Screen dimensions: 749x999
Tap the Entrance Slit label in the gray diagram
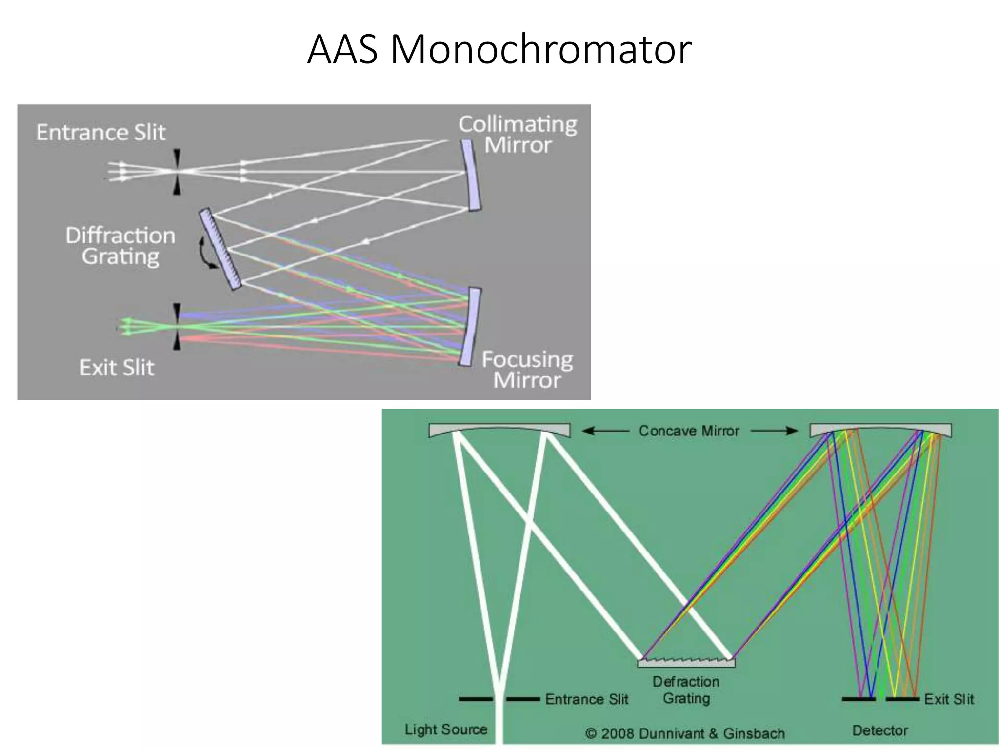[x=101, y=133]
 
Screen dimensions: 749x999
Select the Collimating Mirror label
[x=518, y=135]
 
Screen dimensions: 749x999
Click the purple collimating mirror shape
[x=471, y=176]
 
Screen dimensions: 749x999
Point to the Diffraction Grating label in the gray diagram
[x=120, y=246]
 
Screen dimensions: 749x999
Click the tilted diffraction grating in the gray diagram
[x=220, y=249]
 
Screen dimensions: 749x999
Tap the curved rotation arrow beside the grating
[x=205, y=254]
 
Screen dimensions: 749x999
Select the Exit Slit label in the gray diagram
[x=117, y=368]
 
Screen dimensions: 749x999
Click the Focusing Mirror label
[x=527, y=370]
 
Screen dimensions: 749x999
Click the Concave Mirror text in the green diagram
[x=689, y=431]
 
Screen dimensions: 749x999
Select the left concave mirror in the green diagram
[x=499, y=430]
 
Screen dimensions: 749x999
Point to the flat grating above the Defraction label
[x=686, y=663]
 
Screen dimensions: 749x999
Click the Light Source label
[x=446, y=729]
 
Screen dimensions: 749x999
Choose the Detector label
[x=879, y=730]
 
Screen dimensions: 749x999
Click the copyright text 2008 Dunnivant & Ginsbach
[x=685, y=733]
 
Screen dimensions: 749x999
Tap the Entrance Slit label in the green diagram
[x=586, y=699]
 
